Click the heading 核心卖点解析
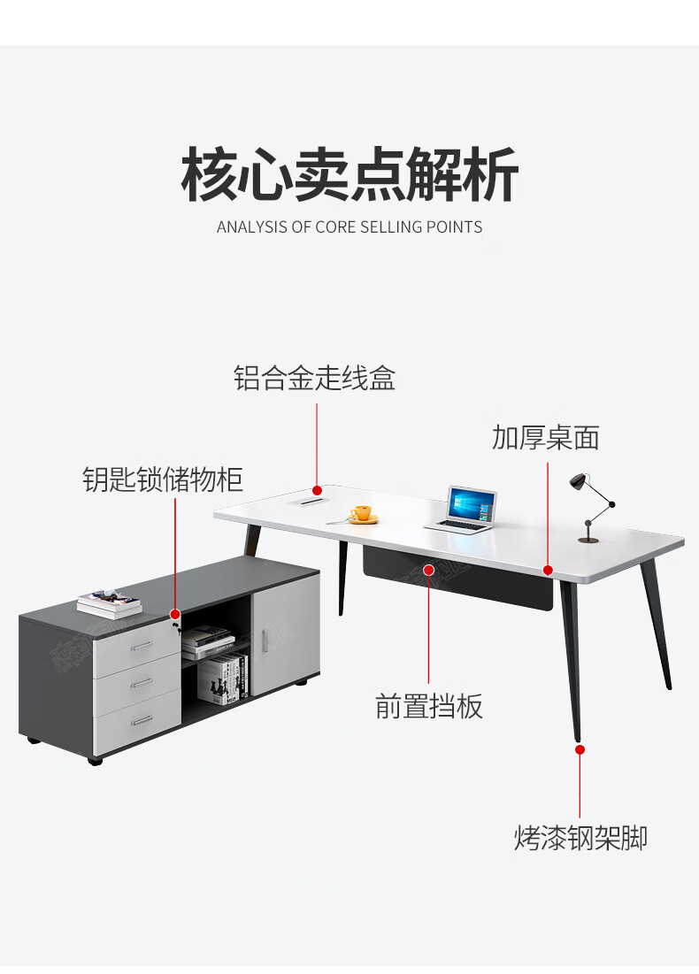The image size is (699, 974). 349,175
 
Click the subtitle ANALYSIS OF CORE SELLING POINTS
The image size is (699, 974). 349,227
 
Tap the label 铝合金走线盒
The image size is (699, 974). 314,379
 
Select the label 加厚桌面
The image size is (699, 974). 546,437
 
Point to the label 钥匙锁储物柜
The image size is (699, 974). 163,479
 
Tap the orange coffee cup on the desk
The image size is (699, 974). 361,513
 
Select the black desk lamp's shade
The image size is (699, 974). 579,481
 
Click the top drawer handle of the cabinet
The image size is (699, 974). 142,647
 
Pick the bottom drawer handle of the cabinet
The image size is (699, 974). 142,721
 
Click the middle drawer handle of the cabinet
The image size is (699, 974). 142,684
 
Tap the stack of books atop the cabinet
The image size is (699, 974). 109,605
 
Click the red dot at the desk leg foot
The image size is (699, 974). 580,749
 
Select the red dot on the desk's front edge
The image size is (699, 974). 548,570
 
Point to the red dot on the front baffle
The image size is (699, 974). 428,569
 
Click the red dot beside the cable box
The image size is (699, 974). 316,488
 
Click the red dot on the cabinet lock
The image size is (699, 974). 175,614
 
